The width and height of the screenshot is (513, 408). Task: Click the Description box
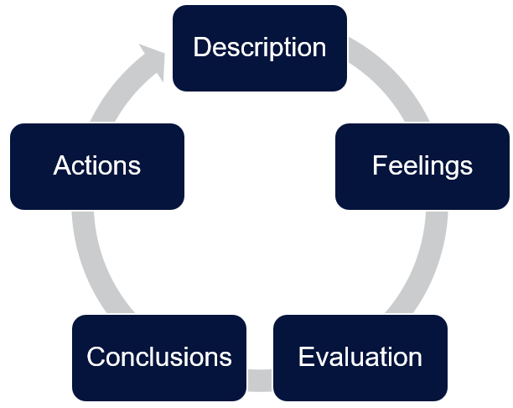pos(260,48)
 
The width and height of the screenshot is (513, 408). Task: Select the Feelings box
pos(422,166)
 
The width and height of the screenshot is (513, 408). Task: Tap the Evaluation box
pos(360,358)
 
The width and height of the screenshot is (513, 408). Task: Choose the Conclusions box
pos(159,358)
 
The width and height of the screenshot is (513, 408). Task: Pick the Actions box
pos(97,166)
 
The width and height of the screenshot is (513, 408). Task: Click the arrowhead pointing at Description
pos(153,60)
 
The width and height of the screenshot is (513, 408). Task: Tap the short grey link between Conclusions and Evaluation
pos(260,380)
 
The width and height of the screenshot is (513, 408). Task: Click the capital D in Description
pos(203,47)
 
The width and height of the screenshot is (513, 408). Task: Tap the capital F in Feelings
pos(381,165)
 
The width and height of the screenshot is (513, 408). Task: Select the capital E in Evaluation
pos(307,356)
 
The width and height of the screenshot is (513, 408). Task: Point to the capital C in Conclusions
pos(96,356)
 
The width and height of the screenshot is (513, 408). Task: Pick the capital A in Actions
pos(63,165)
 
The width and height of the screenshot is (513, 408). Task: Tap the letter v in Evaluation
pos(322,358)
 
